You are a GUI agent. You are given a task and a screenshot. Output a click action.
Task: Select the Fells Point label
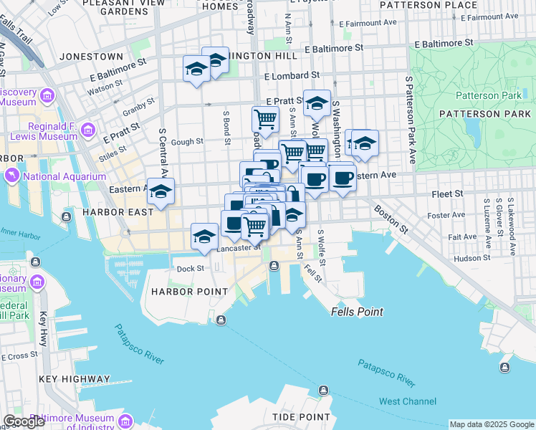[x=357, y=312]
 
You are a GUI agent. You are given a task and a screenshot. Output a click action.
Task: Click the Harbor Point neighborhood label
[x=188, y=292]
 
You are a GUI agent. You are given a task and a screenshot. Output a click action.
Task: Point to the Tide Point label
[x=301, y=416]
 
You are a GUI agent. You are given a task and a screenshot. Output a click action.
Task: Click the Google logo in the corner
[x=24, y=421]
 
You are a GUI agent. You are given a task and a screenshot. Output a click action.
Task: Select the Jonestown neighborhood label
[x=92, y=56]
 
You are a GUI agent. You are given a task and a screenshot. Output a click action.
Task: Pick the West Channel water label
[x=408, y=401]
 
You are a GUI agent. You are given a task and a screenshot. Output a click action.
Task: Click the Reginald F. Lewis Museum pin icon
[x=88, y=130]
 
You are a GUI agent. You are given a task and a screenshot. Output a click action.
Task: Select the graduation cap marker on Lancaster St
[x=204, y=236]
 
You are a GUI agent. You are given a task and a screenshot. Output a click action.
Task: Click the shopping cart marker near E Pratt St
[x=266, y=118]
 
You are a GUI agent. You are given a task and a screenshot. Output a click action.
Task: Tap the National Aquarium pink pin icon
[x=12, y=176]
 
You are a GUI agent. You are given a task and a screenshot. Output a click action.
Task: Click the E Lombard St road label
[x=292, y=75]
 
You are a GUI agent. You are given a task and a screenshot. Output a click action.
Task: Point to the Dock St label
[x=191, y=269]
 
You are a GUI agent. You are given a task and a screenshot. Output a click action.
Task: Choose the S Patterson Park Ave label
[x=410, y=120]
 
